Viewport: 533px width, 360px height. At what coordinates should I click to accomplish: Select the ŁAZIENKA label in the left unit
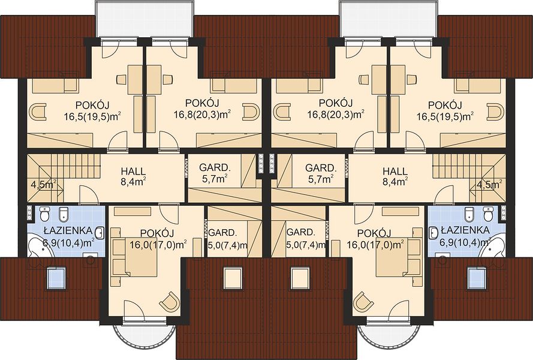[x=68, y=230]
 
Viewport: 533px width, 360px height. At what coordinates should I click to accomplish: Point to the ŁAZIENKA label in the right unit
[x=465, y=230]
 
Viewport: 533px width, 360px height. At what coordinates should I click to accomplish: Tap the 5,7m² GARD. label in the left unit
[x=215, y=173]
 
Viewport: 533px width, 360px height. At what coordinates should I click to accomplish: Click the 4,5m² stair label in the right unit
[x=489, y=185]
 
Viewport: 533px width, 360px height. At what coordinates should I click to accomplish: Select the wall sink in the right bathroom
[x=433, y=233]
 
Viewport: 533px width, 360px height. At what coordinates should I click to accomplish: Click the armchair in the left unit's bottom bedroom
[x=169, y=301]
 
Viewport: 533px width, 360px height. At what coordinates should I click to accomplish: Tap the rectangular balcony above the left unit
[x=145, y=19]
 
